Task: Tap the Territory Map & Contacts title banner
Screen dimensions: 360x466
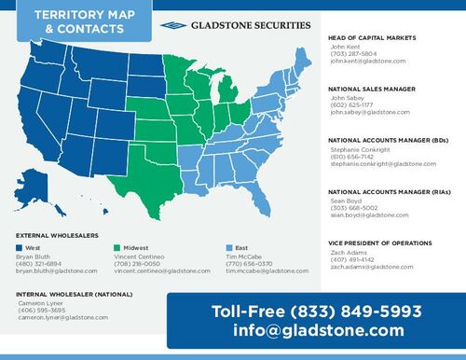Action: coord(75,22)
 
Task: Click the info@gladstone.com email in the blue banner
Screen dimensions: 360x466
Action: coord(319,330)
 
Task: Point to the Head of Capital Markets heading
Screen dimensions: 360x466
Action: coord(371,37)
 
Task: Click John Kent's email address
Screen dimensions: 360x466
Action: coord(367,61)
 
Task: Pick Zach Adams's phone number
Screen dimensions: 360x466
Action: coord(350,259)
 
